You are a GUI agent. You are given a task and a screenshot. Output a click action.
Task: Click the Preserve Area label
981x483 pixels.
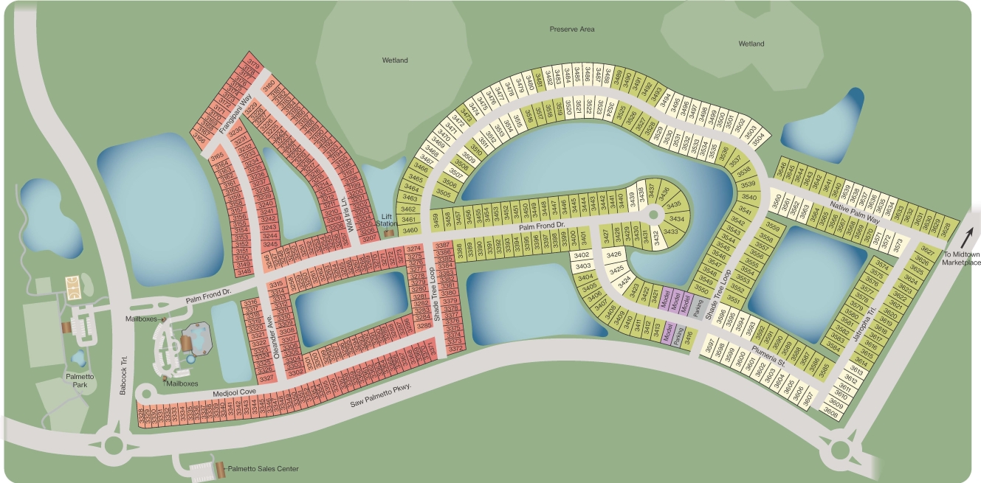click(571, 29)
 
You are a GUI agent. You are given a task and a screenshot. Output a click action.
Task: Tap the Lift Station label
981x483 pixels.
click(386, 219)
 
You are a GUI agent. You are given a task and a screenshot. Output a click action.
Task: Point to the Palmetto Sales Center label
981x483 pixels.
click(263, 469)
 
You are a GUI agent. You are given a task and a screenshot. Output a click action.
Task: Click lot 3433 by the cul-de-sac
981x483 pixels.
click(670, 232)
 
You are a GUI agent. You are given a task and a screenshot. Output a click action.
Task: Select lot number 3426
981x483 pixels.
click(614, 254)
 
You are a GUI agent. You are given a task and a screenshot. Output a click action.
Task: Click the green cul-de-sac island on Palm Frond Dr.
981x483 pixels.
click(654, 214)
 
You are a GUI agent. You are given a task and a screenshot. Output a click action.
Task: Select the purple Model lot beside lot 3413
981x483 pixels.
click(667, 333)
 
